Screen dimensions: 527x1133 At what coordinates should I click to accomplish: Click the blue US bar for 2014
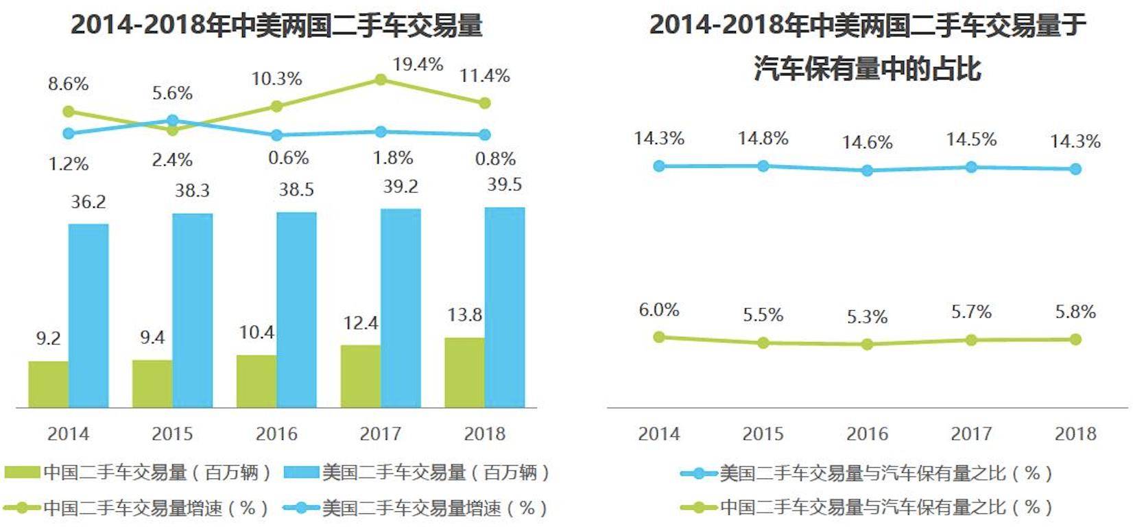click(x=88, y=316)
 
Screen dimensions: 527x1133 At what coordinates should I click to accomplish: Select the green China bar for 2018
click(x=464, y=373)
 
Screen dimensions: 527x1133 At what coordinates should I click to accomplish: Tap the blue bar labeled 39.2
click(x=401, y=308)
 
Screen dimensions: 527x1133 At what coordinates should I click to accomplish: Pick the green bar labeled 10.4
click(x=257, y=381)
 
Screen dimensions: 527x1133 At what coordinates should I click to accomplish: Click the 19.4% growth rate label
click(x=418, y=65)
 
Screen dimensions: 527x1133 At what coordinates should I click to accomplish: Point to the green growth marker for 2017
click(x=381, y=80)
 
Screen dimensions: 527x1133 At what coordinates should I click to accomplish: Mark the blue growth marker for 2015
click(x=172, y=121)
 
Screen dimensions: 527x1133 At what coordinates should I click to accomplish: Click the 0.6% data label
click(x=288, y=158)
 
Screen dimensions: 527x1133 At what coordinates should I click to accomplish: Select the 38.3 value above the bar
click(x=192, y=190)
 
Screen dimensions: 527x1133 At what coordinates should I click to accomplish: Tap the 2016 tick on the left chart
click(x=276, y=434)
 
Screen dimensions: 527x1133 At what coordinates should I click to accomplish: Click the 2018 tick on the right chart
click(x=1075, y=434)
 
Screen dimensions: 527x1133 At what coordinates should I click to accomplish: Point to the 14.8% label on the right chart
click(x=763, y=139)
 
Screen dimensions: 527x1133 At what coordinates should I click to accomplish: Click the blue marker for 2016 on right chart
click(x=867, y=170)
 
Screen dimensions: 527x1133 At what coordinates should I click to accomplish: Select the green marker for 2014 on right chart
click(x=659, y=337)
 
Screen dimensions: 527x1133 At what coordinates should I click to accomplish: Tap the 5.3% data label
click(x=867, y=317)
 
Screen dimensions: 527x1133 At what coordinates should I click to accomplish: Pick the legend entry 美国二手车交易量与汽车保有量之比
click(x=868, y=473)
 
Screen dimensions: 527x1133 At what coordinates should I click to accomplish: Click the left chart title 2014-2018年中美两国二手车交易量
click(x=276, y=25)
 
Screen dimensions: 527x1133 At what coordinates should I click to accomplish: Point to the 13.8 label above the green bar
click(x=464, y=315)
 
